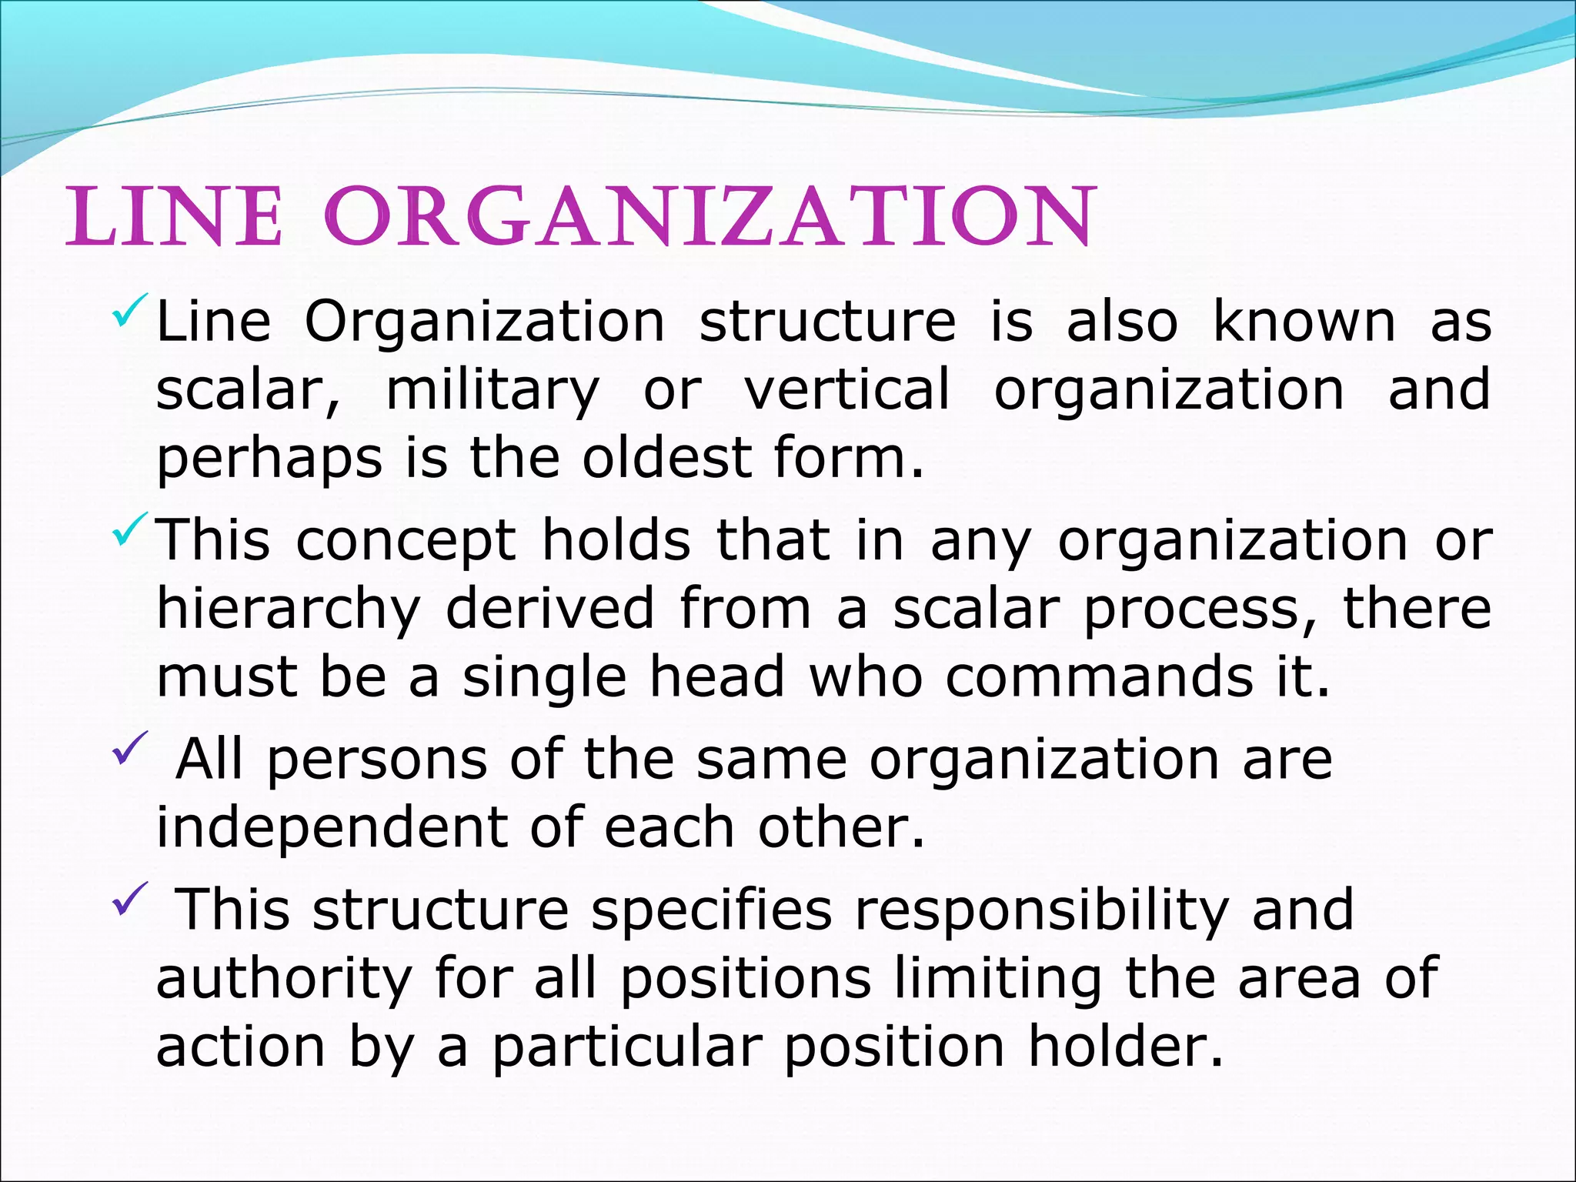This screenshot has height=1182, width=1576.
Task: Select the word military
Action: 492,391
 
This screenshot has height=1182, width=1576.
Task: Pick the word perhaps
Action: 269,460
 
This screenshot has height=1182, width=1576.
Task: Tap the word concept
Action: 406,542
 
